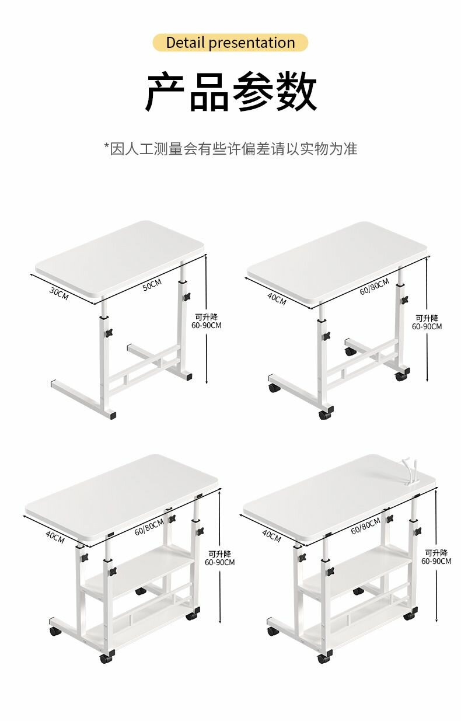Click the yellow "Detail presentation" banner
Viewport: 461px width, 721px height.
[230, 43]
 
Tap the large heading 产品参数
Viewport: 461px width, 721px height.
[230, 92]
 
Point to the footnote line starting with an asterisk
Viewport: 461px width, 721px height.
[230, 148]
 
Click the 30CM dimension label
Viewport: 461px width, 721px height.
[58, 294]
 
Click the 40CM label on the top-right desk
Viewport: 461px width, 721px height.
[277, 298]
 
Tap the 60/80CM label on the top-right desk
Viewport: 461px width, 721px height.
[374, 287]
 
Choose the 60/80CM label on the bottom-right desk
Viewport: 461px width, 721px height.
[365, 527]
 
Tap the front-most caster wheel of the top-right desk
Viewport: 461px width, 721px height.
[324, 415]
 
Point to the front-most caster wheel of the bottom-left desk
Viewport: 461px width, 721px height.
[106, 659]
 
